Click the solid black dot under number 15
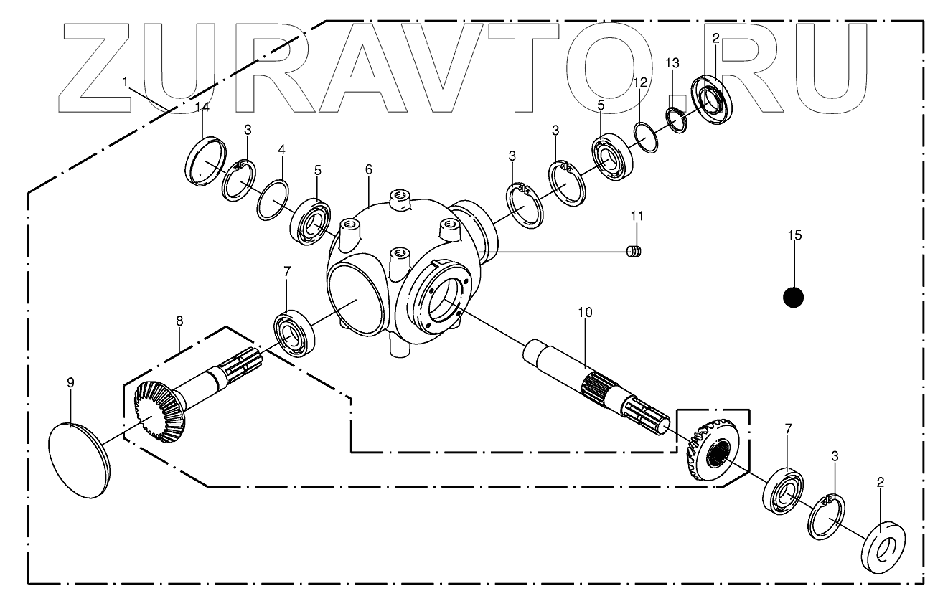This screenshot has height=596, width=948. click(793, 296)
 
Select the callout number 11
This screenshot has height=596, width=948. click(637, 215)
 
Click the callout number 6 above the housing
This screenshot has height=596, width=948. click(369, 169)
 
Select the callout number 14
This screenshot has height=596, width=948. click(202, 107)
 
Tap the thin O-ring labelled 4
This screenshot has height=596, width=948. click(273, 200)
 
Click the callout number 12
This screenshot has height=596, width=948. click(640, 83)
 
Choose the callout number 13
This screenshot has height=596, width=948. click(671, 63)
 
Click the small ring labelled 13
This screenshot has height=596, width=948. click(676, 118)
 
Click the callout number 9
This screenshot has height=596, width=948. click(70, 383)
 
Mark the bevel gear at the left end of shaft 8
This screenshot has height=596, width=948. click(160, 410)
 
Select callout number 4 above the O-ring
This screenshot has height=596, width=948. click(282, 150)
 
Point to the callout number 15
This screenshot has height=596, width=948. click(794, 235)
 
